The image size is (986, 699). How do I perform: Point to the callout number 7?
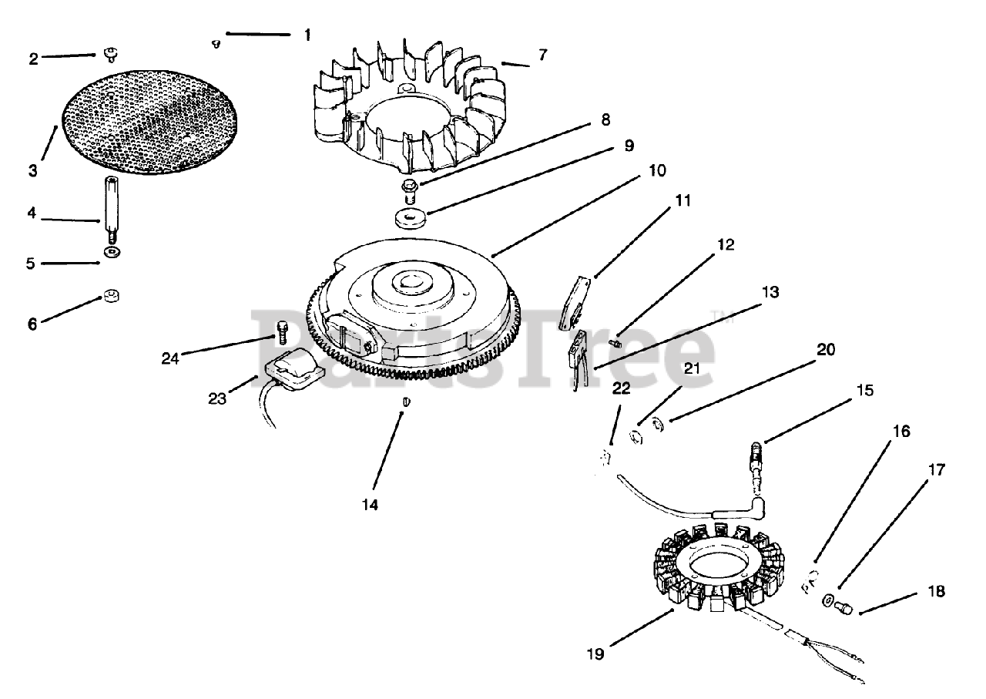click(543, 55)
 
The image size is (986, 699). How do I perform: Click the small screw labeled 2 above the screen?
click(110, 54)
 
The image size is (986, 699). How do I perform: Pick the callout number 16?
click(900, 431)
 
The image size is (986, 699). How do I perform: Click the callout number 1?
click(307, 35)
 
